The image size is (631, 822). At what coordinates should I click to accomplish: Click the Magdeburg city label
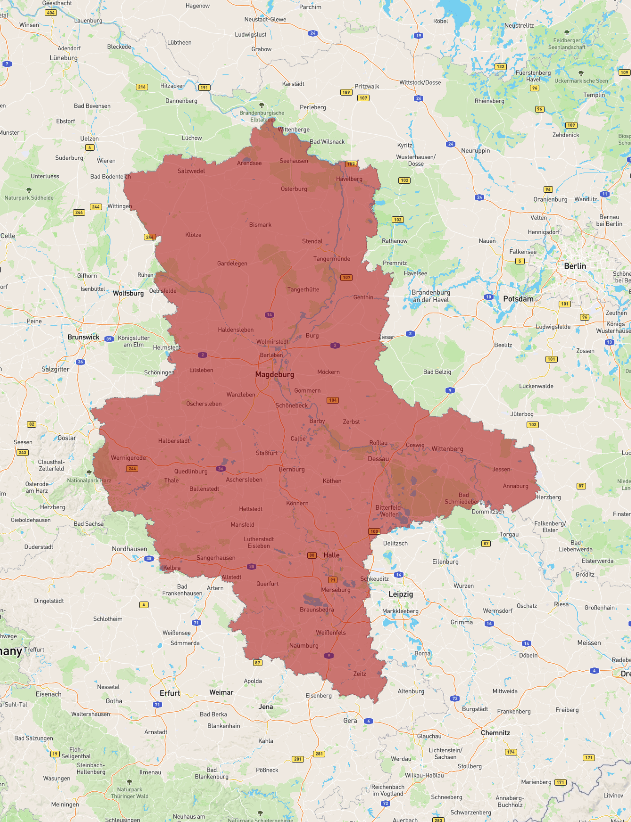(274, 374)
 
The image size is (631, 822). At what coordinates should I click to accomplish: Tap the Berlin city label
(575, 266)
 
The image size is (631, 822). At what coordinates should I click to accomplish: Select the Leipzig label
(401, 594)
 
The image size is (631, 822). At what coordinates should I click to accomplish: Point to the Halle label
(331, 555)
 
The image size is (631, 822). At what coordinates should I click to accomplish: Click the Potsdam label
(518, 299)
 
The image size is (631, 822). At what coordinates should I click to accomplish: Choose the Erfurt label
(170, 693)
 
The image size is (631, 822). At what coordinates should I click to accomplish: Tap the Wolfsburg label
(128, 293)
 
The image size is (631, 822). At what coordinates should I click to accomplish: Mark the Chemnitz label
(495, 733)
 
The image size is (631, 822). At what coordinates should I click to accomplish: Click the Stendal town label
(312, 241)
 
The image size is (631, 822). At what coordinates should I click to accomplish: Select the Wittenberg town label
(447, 449)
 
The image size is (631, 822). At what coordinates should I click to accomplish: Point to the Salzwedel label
(191, 171)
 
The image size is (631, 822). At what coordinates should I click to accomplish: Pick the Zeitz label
(360, 674)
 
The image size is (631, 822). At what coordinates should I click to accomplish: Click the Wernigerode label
(128, 458)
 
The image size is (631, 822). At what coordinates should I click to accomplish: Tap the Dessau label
(378, 459)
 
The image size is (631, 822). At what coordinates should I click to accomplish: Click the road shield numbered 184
(333, 400)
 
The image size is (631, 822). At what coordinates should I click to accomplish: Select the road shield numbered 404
(51, 13)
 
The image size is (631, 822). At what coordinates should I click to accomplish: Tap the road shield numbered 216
(142, 87)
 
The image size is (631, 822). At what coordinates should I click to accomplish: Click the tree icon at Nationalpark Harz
(89, 472)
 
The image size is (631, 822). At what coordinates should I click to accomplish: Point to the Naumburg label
(304, 646)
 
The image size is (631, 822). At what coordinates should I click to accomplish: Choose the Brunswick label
(84, 337)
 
